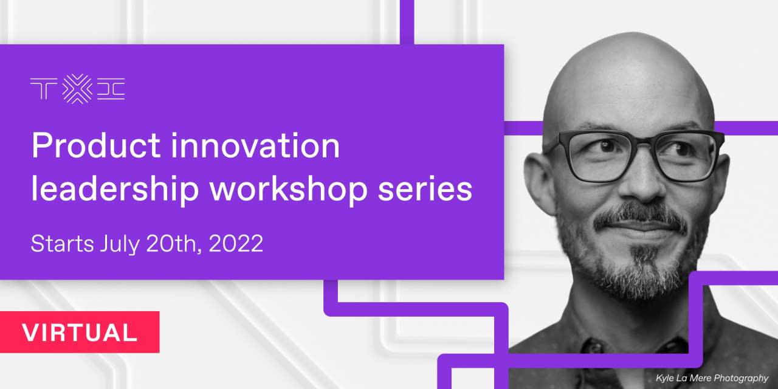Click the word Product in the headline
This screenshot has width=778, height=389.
pos(96,145)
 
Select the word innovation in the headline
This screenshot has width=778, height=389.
pos(255,145)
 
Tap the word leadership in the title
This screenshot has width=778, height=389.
pos(115,190)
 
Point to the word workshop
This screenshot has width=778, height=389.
pos(288,190)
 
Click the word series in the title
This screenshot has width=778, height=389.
pos(425,190)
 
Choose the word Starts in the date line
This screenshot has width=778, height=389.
pos(62,244)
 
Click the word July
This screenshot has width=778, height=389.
pos(120,244)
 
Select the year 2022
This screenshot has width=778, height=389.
pos(236,244)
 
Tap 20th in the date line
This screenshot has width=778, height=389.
pos(174,244)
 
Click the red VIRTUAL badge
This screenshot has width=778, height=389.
pos(80,332)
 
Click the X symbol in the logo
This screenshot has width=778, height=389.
pos(77,89)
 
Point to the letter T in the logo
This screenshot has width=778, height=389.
pos(44,89)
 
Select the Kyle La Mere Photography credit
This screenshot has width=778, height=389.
pos(712,378)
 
